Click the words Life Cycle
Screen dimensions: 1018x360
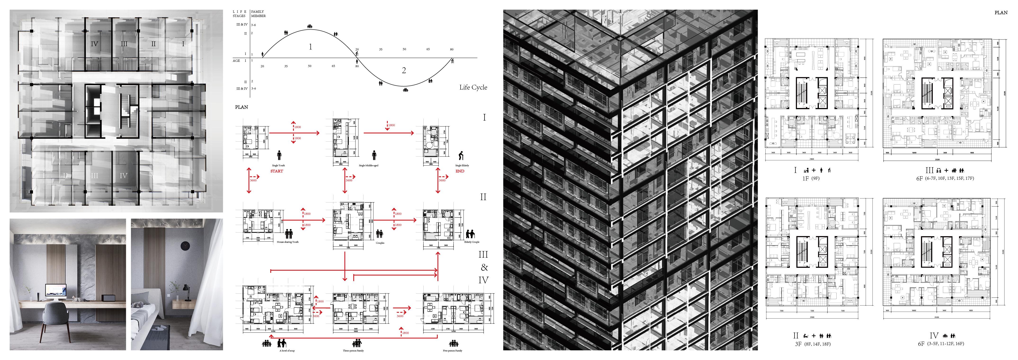(473, 87)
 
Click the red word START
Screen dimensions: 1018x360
(277, 171)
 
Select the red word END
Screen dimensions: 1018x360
(460, 171)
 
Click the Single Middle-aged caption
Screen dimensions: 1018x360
(368, 166)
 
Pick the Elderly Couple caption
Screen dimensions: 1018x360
(471, 242)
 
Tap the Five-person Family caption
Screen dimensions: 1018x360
(453, 351)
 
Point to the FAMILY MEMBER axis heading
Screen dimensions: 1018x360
(258, 14)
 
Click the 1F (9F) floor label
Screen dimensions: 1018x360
(811, 179)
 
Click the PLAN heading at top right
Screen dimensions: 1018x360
(1001, 13)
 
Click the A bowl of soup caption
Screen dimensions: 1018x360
(287, 351)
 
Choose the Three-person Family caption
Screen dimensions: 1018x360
(353, 351)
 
